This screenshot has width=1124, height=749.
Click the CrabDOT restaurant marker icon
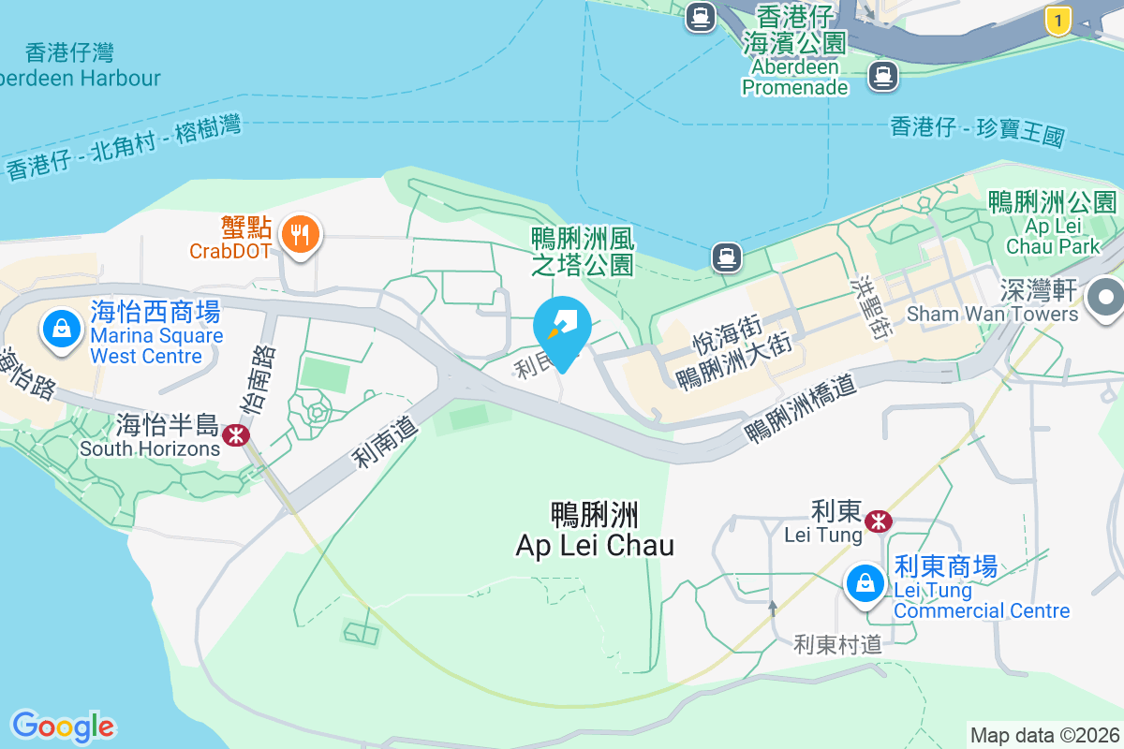pos(300,234)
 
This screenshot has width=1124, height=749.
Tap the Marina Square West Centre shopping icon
pos(61,329)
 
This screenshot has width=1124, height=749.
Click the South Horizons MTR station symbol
pos(235,434)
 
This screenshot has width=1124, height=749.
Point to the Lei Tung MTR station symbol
pos(878,521)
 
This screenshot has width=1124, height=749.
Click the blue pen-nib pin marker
pos(562,325)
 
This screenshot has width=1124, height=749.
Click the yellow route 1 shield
pos(1057,20)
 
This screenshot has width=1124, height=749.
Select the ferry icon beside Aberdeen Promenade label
pos(882,75)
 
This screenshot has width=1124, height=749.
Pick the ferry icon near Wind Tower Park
pos(726,256)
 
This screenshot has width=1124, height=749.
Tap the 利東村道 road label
pos(838,644)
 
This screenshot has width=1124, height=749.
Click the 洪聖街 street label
pos(876,306)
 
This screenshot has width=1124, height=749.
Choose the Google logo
pos(63,727)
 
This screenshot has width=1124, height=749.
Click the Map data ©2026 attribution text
pos(1044,735)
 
